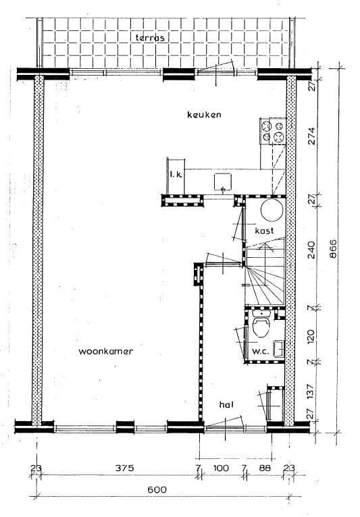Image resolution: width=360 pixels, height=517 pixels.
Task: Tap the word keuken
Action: click(204, 115)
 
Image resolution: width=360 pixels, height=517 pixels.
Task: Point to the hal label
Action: click(226, 404)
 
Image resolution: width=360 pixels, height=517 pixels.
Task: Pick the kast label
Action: click(263, 231)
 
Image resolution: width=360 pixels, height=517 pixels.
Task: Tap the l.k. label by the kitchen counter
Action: click(177, 175)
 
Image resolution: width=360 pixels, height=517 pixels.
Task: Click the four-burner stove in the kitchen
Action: click(274, 130)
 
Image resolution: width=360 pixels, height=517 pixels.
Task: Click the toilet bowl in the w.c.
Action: click(261, 328)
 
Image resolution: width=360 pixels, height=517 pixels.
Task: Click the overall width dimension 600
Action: click(157, 490)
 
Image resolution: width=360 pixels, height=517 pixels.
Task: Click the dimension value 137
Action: click(312, 390)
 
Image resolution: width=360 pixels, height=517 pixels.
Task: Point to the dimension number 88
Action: click(263, 467)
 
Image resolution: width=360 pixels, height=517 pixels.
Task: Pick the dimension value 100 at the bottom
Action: click(222, 467)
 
